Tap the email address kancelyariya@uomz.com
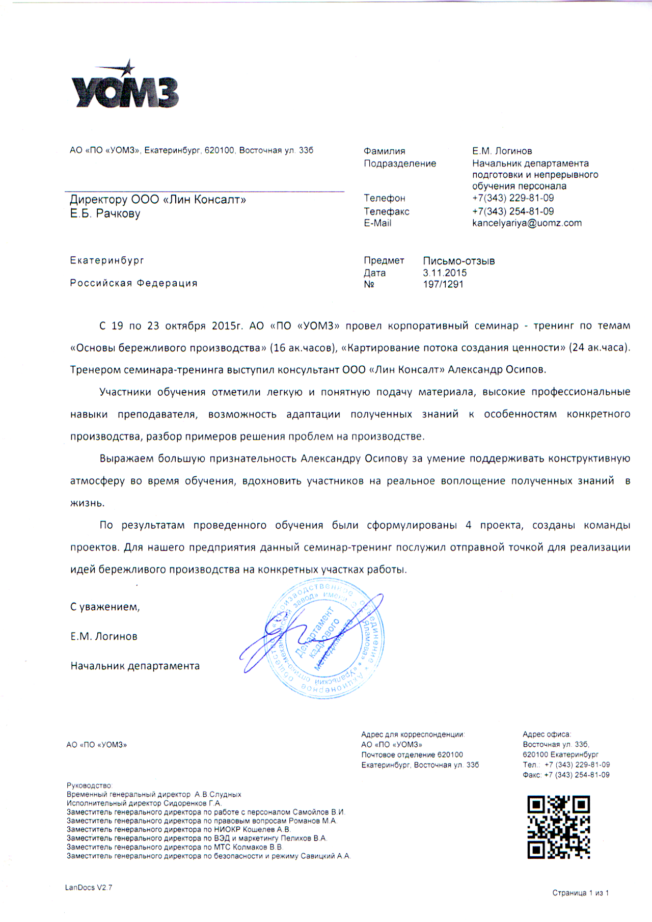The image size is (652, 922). (527, 223)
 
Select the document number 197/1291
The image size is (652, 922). (443, 284)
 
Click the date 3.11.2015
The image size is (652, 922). (445, 273)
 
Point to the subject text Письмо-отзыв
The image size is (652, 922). (459, 261)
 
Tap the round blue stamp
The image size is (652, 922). (326, 639)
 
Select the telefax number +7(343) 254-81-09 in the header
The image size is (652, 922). (513, 211)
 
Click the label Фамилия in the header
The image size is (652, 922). (385, 151)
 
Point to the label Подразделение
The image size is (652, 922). (400, 164)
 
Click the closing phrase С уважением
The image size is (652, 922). (105, 607)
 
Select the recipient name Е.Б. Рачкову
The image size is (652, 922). (105, 213)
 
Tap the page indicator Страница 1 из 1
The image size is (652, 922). (581, 892)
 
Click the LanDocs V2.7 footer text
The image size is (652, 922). (89, 887)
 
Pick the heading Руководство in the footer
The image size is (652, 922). (90, 785)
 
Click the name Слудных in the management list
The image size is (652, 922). (225, 794)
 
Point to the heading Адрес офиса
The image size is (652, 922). (547, 734)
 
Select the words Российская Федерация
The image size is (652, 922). (133, 283)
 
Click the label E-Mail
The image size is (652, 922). (377, 223)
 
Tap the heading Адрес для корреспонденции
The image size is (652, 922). (413, 734)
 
